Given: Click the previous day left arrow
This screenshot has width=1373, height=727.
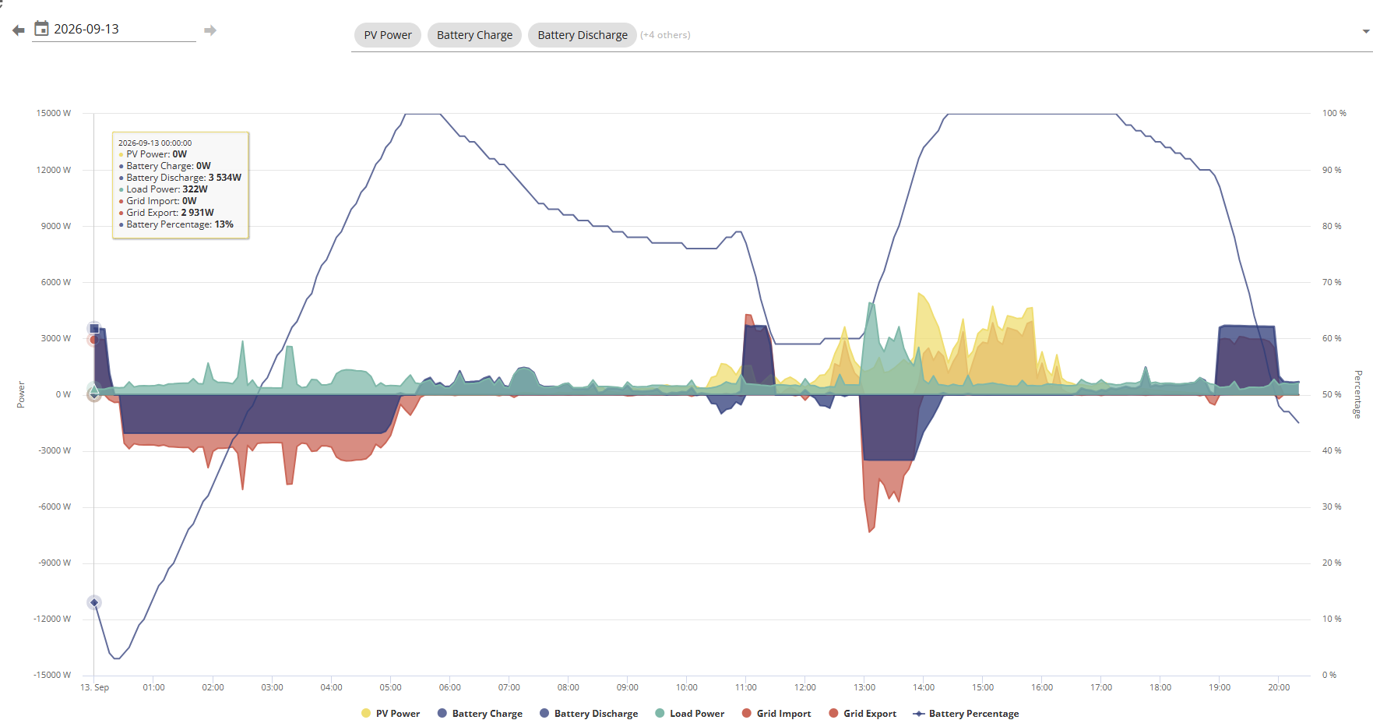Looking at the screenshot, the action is pos(19,30).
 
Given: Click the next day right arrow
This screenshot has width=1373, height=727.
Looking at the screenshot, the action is pos(210,30).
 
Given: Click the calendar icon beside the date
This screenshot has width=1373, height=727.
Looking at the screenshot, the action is pos(42,29).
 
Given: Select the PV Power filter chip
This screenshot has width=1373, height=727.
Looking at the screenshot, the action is pos(388,35).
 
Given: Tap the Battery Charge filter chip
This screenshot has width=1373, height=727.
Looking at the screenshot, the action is pos(474,35).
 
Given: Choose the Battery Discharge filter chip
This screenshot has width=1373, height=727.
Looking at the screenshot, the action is pos(583,35).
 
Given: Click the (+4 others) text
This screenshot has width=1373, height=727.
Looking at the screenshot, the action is pos(665,35).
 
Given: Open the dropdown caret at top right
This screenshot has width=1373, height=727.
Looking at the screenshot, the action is pos(1366,32).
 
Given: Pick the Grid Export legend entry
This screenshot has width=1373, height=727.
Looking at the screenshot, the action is pos(863,714).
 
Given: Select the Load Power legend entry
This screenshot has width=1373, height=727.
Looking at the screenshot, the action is pos(690,714).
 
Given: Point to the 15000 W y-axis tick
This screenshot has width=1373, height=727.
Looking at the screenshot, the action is pos(54,114).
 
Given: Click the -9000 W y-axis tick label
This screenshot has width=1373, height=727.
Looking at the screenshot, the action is pos(55,563).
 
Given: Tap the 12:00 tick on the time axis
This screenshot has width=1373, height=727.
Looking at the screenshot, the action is pos(805,687).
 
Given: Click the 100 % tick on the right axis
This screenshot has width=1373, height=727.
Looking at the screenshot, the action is pos(1334,114).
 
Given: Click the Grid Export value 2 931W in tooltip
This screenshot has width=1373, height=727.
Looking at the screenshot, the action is pos(197,213).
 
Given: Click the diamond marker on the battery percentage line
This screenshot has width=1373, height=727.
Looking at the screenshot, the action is pos(94,602).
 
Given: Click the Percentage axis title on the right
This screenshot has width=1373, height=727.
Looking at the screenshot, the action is pos(1357,394).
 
